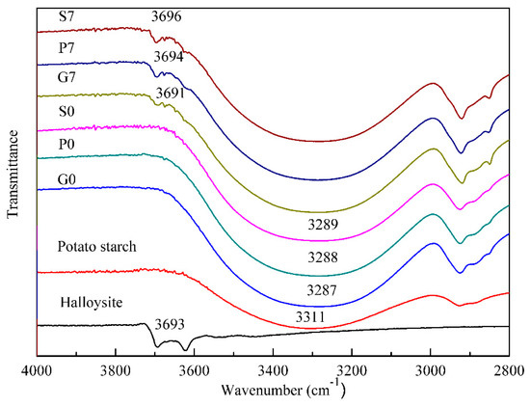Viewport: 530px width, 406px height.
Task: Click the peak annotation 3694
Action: (x=170, y=57)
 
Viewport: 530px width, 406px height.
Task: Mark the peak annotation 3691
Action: (x=172, y=92)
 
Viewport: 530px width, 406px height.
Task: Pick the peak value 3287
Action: (x=316, y=288)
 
